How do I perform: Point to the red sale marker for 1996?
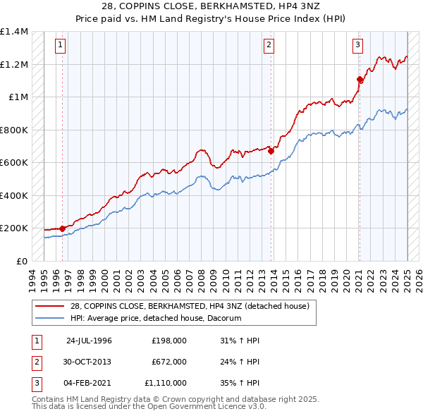click(x=62, y=228)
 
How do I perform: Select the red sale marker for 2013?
click(x=271, y=150)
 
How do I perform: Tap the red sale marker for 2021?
click(x=360, y=79)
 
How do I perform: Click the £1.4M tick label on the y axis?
click(x=14, y=32)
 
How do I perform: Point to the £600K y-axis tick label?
click(x=14, y=163)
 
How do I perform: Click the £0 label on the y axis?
click(x=23, y=261)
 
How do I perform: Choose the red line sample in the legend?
click(x=49, y=306)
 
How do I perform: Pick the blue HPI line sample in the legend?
click(x=49, y=318)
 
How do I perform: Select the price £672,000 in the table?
click(x=168, y=362)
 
